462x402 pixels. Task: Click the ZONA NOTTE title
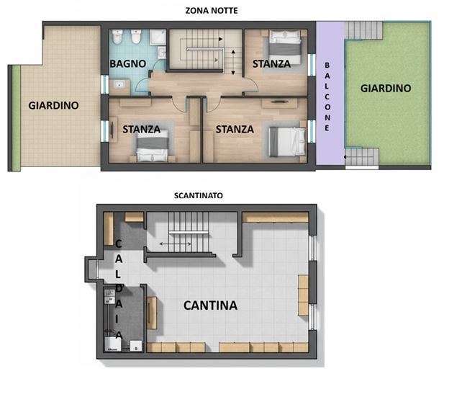[x=211, y=10]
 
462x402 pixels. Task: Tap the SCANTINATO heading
[x=198, y=195]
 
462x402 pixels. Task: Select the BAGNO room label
[x=128, y=63]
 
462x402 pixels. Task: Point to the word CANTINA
[x=210, y=305]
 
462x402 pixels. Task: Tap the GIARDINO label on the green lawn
[x=386, y=89]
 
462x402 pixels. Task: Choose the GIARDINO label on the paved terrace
[x=54, y=105]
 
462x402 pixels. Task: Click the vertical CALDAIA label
[x=119, y=289]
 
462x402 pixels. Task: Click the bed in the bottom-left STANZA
[x=153, y=145]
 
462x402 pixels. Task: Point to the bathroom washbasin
[x=119, y=86]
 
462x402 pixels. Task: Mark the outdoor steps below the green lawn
[x=361, y=157]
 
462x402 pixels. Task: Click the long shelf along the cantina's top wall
[x=276, y=217]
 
